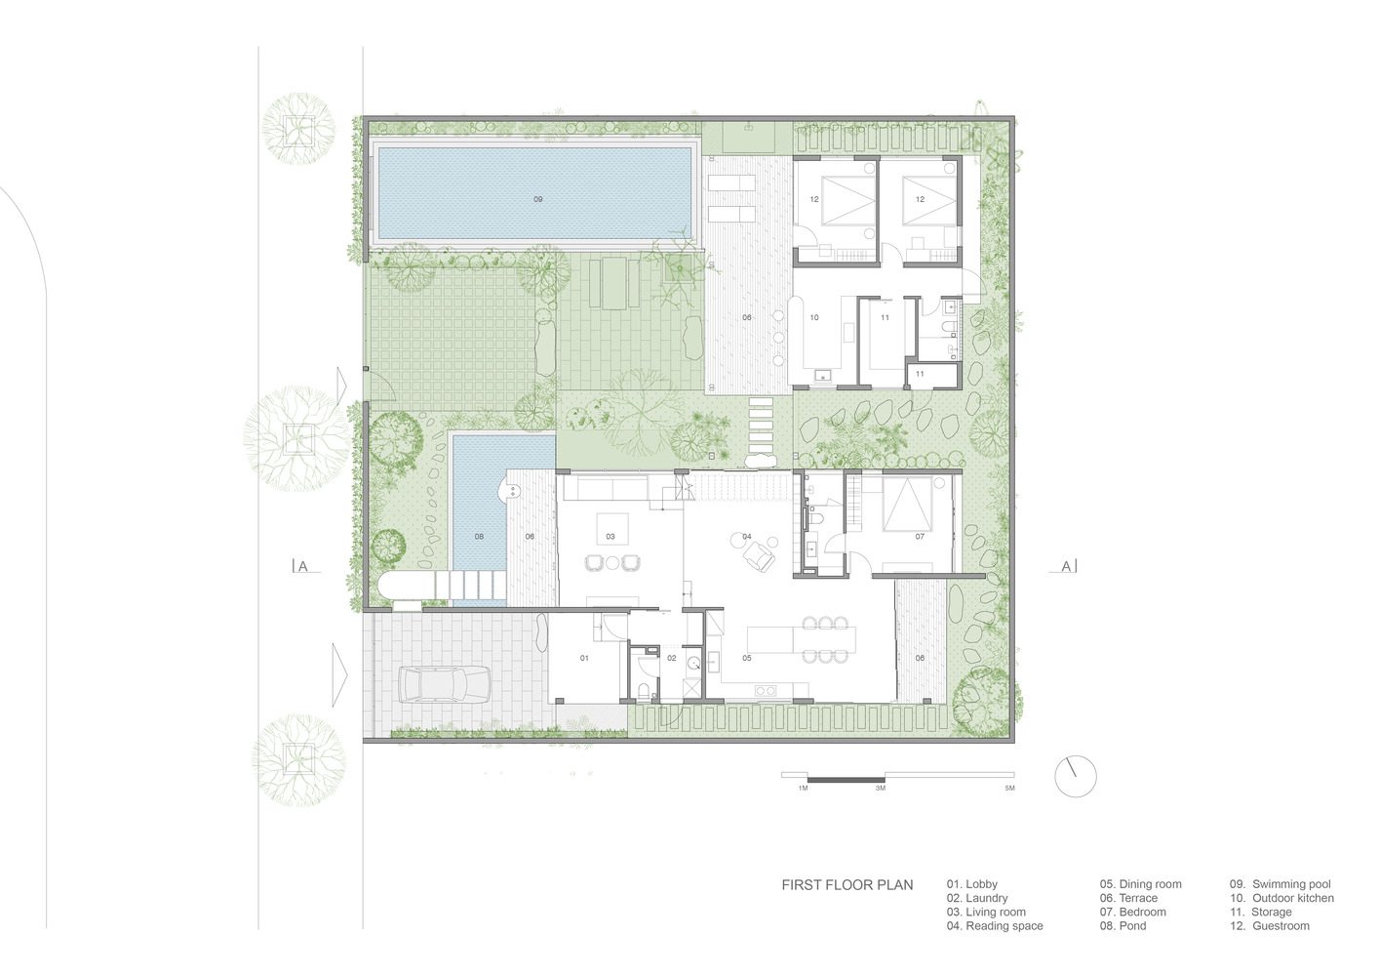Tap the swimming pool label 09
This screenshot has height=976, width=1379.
[x=538, y=199]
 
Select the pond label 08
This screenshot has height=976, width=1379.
[x=479, y=537]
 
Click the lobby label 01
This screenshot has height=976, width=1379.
[x=584, y=658]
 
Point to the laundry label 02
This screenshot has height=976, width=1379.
[x=672, y=658]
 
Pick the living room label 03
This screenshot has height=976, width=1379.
[x=611, y=537]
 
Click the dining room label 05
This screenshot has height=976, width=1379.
[x=747, y=658]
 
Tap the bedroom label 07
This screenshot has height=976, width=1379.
[x=920, y=537]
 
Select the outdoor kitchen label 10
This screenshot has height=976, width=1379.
[x=814, y=317]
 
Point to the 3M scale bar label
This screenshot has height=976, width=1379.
[x=881, y=788]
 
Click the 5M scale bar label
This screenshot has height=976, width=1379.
[x=1009, y=788]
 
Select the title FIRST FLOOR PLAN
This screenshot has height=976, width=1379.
[x=847, y=885]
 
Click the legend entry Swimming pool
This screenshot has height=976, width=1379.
[x=1280, y=884]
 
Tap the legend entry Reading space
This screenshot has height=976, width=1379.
[x=995, y=926]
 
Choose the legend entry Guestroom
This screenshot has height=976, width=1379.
[x=1270, y=926]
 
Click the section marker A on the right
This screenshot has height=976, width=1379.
[x=1067, y=566]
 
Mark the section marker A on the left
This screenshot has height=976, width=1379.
[x=303, y=567]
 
